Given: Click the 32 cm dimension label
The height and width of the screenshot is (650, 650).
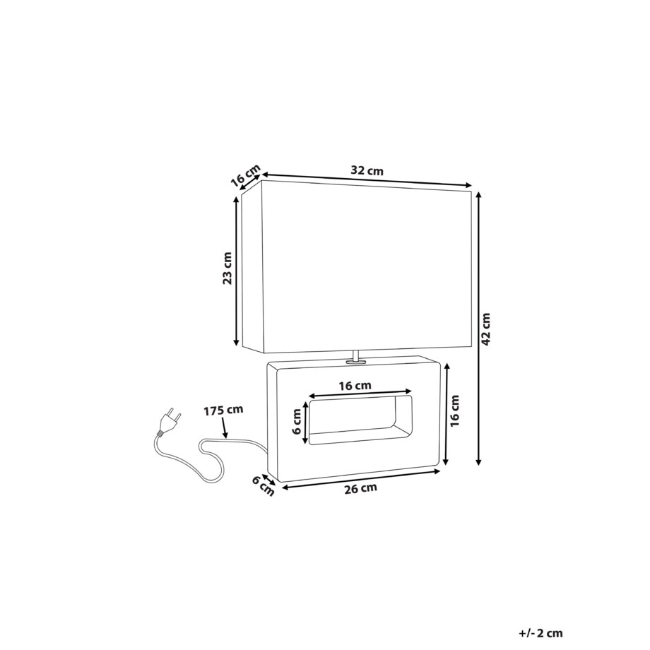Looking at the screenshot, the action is point(367,170).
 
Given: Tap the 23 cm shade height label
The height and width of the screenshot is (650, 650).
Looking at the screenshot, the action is point(227,268).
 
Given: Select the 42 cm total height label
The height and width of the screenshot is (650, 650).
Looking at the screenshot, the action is point(486,329).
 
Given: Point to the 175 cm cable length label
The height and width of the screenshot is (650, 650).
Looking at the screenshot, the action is point(223,410).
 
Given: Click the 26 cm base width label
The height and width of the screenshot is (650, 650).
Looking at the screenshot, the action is point(360,488).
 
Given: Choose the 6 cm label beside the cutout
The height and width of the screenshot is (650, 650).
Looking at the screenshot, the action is point(297,422).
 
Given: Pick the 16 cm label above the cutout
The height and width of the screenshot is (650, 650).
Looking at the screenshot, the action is point(355,386).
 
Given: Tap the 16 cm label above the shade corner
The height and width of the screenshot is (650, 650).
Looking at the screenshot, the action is point(245,175).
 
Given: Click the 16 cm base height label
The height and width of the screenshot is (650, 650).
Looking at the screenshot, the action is point(455,410).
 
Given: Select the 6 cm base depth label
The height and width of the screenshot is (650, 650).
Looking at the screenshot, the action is point(264,486).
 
